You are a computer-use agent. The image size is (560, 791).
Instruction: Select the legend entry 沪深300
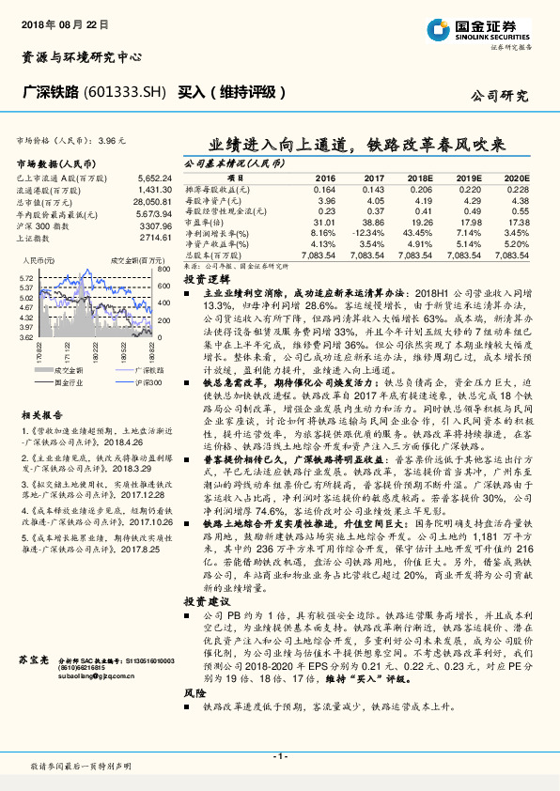point(119,383)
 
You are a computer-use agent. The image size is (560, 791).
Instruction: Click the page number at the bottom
point(279,755)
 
